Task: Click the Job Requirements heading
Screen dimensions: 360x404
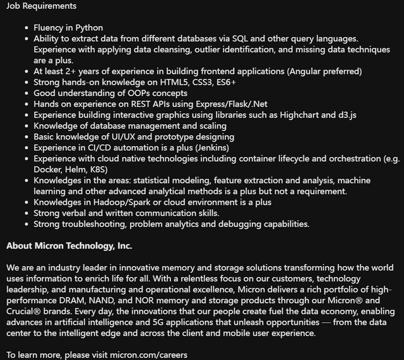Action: (x=41, y=6)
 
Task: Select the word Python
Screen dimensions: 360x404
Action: (x=90, y=28)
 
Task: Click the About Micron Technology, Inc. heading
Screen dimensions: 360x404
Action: (x=69, y=246)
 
